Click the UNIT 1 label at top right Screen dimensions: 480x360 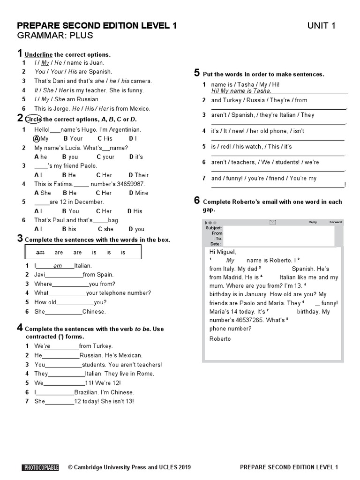click(x=321, y=26)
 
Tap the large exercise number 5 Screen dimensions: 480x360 click(x=197, y=72)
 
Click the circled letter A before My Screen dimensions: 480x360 click(x=37, y=139)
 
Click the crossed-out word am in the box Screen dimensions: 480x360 click(x=40, y=253)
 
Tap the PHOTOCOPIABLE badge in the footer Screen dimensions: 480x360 click(x=40, y=467)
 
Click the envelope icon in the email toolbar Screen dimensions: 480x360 click(x=273, y=222)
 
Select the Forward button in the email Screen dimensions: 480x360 click(x=336, y=222)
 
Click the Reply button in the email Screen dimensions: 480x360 click(x=313, y=222)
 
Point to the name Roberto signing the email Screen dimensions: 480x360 click(x=220, y=339)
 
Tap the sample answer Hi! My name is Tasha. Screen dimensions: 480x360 click(x=241, y=91)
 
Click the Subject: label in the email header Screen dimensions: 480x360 click(x=214, y=228)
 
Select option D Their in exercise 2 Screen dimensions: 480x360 click(x=139, y=175)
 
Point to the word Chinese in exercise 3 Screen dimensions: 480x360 click(x=94, y=311)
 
